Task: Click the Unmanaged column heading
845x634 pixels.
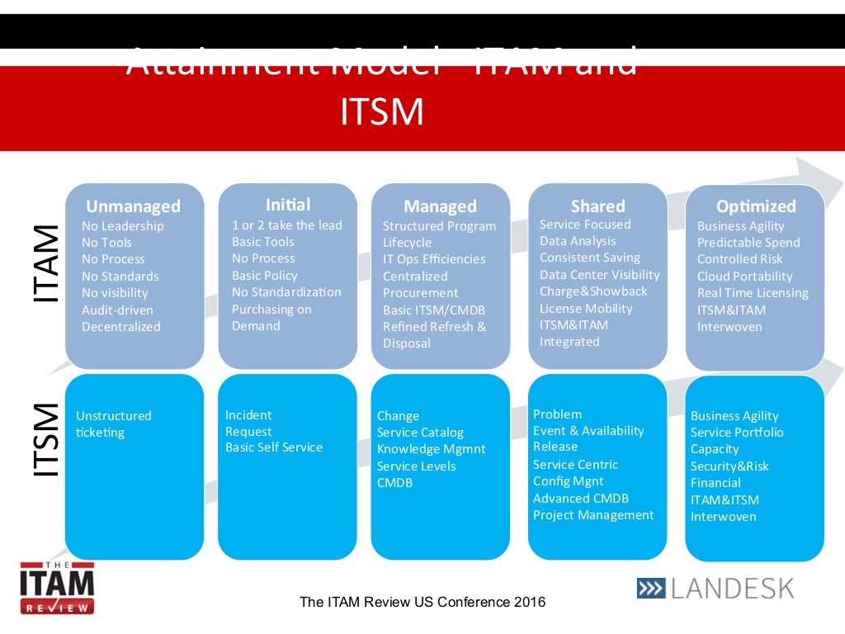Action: [133, 206]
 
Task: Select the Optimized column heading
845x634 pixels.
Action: [756, 206]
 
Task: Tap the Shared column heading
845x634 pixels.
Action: [597, 206]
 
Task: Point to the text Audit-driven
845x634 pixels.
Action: [117, 310]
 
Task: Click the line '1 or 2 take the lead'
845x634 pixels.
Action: [286, 225]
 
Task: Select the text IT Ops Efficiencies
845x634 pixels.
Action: [434, 259]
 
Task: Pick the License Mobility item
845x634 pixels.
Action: [586, 309]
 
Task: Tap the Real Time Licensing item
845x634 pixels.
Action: [753, 293]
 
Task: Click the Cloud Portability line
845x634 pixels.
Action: [744, 277]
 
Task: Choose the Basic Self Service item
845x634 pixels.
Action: [274, 447]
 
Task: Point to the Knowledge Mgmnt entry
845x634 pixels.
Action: [432, 449]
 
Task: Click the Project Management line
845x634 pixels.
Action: [593, 515]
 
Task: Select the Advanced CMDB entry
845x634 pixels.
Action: [581, 499]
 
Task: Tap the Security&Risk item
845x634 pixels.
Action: [729, 466]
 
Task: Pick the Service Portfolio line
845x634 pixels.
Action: [737, 433]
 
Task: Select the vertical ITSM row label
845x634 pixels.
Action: [45, 439]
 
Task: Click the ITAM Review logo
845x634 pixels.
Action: [57, 587]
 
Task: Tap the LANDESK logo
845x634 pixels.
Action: [715, 588]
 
